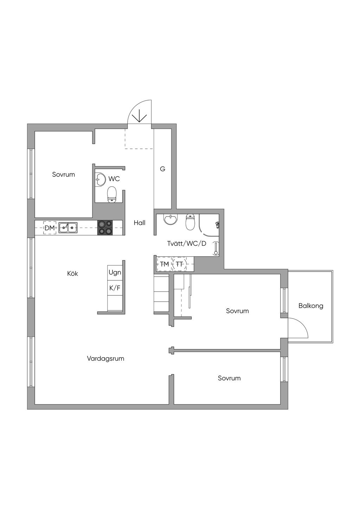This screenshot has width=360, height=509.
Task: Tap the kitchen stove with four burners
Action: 105,227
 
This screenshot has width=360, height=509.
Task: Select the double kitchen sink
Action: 68,227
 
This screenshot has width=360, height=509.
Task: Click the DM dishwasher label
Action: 50,228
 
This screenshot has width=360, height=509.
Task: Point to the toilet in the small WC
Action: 111,194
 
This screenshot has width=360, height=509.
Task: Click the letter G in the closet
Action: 162,169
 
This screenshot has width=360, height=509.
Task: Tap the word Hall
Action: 140,223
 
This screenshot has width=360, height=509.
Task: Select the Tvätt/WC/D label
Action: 187,244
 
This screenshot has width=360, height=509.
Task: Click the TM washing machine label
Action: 165,264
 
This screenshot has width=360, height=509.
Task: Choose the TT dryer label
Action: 180,264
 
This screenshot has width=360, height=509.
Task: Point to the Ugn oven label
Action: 115,273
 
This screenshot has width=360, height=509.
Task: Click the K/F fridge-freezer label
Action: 115,288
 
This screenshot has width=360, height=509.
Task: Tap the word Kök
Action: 72,273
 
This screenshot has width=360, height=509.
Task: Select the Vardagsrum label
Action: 105,359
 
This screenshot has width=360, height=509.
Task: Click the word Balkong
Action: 311,306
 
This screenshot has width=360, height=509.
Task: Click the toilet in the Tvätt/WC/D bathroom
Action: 190,221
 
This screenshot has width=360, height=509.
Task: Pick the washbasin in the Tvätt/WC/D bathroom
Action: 171,219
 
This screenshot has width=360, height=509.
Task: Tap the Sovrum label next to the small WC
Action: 63,174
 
